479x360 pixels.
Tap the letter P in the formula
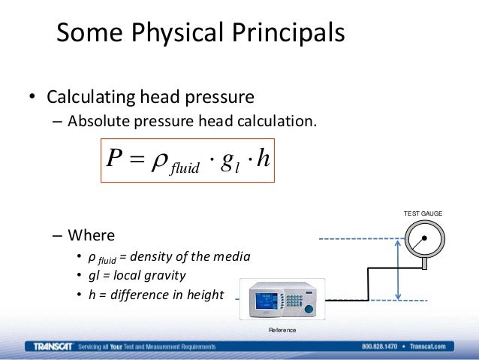pyautogui.click(x=114, y=159)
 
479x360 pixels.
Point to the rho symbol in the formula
pyautogui.click(x=160, y=160)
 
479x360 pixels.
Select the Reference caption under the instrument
pyautogui.click(x=282, y=331)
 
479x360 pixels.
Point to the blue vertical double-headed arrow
pyautogui.click(x=399, y=270)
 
